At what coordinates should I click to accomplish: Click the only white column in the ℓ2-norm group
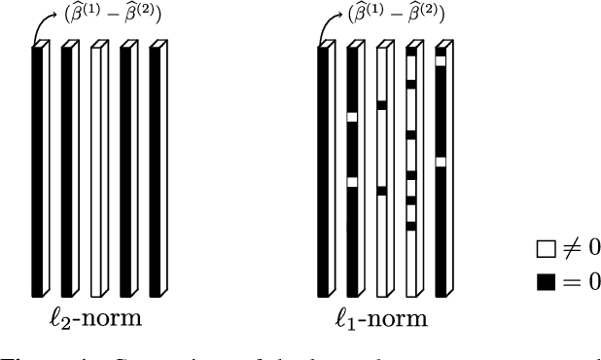(x=95, y=171)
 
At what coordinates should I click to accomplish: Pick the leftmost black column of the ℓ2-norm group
(x=37, y=171)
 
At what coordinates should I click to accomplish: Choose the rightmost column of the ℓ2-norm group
(x=154, y=171)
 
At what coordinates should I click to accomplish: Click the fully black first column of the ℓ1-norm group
(x=323, y=171)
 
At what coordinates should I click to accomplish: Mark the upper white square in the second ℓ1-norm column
(x=352, y=118)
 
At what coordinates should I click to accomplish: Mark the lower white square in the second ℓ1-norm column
(x=352, y=182)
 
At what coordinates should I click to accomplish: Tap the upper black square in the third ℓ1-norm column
(x=382, y=104)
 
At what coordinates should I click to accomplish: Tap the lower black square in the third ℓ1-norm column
(x=382, y=191)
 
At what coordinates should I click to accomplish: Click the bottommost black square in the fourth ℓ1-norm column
(x=411, y=226)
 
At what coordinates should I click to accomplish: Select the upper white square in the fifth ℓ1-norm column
(x=441, y=61)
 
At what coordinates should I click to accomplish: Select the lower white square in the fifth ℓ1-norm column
(x=441, y=162)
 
